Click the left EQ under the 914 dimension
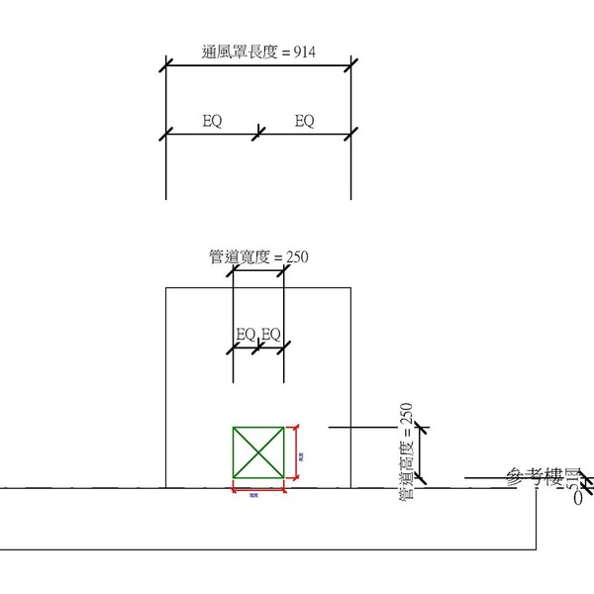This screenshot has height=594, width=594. coord(212,121)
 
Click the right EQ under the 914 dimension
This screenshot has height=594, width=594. coord(305,121)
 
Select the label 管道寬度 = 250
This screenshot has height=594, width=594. coord(258,256)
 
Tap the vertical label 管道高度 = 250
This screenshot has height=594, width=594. coord(406,454)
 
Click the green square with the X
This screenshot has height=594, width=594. coord(258,453)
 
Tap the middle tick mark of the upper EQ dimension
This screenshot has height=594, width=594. coord(258,133)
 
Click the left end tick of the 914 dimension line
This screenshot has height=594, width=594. coord(165,67)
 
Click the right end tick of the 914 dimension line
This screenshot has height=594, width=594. coord(351,67)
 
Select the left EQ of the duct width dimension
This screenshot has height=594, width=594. coord(246,334)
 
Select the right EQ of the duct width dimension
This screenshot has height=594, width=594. coord(271,334)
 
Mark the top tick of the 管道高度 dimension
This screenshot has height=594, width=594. coord(422,428)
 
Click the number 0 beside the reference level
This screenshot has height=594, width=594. coord(578,499)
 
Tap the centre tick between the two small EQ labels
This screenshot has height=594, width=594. coord(258,346)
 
